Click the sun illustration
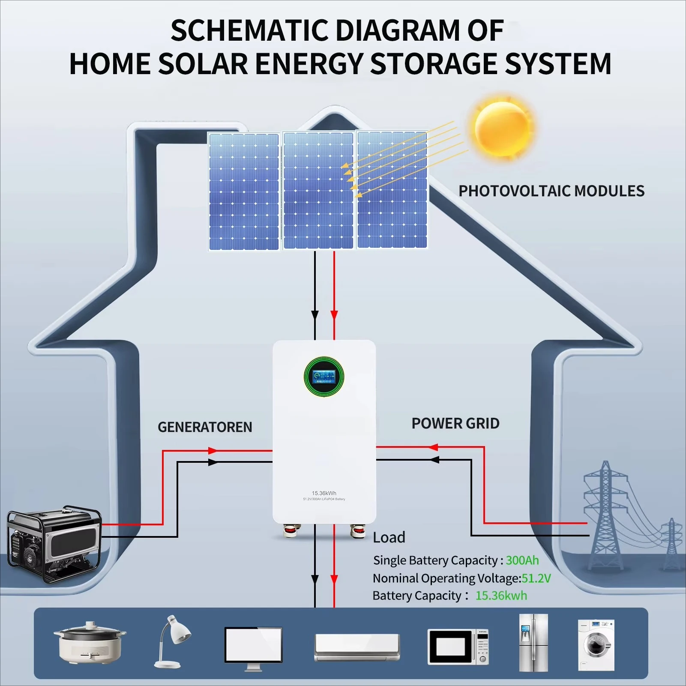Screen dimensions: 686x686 click(x=502, y=128)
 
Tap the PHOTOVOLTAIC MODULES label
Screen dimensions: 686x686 click(x=551, y=191)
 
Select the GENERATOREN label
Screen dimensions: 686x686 click(x=205, y=427)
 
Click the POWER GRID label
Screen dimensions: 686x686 click(x=455, y=423)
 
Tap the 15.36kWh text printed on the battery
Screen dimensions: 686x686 click(x=324, y=493)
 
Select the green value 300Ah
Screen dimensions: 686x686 click(x=522, y=560)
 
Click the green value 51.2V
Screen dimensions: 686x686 click(x=536, y=578)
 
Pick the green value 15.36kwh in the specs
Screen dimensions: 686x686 click(x=501, y=596)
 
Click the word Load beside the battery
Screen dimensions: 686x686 click(x=389, y=537)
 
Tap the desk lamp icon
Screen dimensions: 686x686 click(x=173, y=641)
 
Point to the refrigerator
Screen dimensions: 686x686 click(x=533, y=642)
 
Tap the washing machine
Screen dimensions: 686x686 click(x=596, y=644)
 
